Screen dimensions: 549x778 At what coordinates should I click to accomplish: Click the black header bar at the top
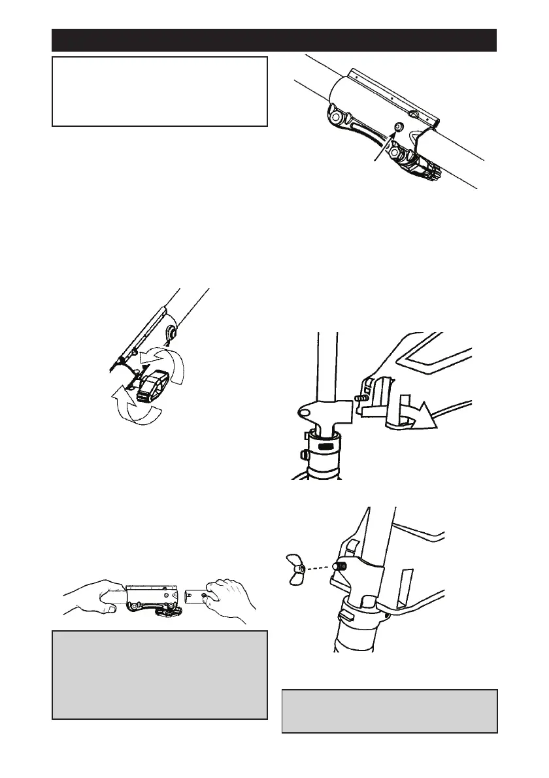click(x=274, y=40)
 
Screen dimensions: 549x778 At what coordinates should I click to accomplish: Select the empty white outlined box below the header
click(x=159, y=91)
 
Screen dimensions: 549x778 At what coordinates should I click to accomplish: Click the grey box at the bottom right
click(x=390, y=711)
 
